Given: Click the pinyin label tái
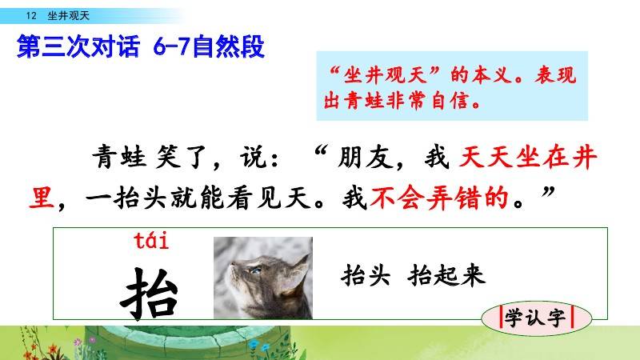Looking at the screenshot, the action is pos(151,240).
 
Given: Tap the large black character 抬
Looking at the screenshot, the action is pos(150,293).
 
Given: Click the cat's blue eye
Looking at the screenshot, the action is pos(256,270).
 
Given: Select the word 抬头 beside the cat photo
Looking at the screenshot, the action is pos(366,274).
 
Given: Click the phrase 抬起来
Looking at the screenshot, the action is pos(446,274).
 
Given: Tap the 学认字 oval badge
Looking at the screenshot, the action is pos(536,318).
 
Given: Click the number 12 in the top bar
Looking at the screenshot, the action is pos(31,16).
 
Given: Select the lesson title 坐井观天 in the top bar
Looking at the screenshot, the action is pos(68,16).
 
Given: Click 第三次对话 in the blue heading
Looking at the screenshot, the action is pos(78,46).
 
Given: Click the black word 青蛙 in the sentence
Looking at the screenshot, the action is pos(119,157).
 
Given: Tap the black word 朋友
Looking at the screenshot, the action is pos(366,157).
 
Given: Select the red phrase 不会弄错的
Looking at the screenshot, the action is pos(439,198).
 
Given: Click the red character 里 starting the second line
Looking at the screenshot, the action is pos(42,198).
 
